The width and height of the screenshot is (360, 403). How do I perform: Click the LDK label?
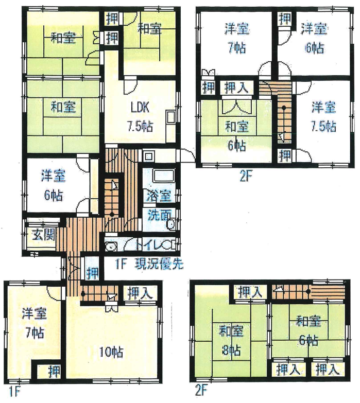(140, 108)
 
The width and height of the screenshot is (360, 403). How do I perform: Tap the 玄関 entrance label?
(43, 235)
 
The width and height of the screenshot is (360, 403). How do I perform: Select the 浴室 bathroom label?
(159, 196)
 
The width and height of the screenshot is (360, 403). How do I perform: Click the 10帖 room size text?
(111, 352)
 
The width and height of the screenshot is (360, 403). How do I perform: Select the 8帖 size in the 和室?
(231, 350)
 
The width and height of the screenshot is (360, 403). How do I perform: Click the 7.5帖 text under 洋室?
(323, 127)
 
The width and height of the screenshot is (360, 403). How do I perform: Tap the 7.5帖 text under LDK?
(140, 126)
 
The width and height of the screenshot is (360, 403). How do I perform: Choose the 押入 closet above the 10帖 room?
(140, 293)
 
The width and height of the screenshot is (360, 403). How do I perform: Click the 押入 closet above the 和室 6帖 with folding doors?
(236, 87)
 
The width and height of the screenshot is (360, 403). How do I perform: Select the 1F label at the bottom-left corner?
(14, 392)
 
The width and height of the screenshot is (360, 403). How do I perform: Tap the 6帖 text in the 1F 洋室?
(54, 196)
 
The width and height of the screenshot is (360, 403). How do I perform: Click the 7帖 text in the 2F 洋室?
(237, 47)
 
